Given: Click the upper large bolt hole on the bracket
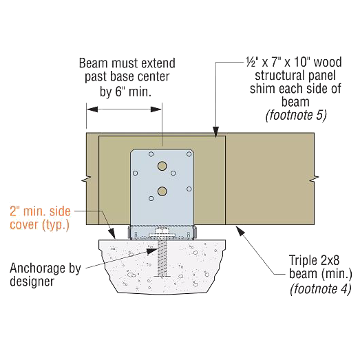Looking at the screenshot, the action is (x=162, y=166).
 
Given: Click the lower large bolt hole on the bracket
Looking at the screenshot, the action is (x=162, y=191).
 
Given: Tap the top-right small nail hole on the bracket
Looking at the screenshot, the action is (x=189, y=154).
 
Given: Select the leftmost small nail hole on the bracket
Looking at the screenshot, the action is (x=136, y=173).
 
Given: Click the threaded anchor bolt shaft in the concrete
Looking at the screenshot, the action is (x=162, y=259).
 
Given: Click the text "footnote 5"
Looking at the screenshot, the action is (x=296, y=115).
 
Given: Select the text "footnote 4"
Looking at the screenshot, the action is (x=321, y=288).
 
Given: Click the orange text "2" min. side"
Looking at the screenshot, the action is (x=40, y=211).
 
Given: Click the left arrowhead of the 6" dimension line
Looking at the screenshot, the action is (x=92, y=109).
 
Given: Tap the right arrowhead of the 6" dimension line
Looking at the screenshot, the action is (x=156, y=109).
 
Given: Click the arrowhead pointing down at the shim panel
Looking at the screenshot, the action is (x=215, y=131).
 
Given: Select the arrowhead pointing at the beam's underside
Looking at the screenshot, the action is (x=239, y=231).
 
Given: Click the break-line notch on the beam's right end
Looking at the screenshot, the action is (x=314, y=178).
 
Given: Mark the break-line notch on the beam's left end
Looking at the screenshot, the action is (x=87, y=178).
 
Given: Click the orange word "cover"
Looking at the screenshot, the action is (x=24, y=224).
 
